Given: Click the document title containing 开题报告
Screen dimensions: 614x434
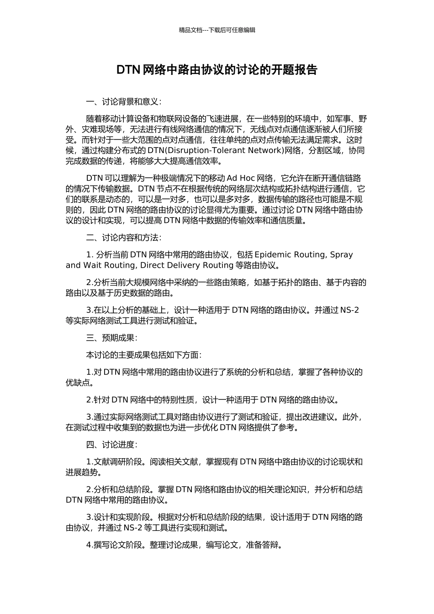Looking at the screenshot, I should point(217,70).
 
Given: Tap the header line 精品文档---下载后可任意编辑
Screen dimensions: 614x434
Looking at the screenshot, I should point(217,30).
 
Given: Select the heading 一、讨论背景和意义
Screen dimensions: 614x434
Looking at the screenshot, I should point(123,101).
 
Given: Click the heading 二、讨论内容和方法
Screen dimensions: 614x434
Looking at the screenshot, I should point(123,238).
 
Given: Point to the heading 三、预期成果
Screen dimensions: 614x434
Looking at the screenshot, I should point(111,338).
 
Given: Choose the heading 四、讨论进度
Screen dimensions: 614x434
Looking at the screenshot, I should point(111,445).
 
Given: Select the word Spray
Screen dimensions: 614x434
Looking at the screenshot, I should point(341,254).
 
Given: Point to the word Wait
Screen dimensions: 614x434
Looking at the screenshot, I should point(92,265).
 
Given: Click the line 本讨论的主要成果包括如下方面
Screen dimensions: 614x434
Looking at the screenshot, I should point(143,355).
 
